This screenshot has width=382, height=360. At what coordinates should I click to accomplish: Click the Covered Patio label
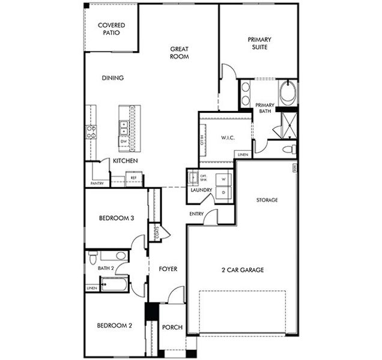(111, 28)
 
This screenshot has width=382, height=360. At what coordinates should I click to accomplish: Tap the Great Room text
(179, 53)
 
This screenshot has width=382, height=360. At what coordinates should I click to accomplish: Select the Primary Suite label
(259, 43)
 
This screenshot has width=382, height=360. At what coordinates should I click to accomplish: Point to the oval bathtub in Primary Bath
(287, 95)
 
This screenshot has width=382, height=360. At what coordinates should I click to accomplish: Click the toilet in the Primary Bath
(288, 148)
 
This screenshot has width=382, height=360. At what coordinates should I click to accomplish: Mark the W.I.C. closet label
(227, 138)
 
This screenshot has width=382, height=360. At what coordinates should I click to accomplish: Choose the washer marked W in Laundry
(223, 179)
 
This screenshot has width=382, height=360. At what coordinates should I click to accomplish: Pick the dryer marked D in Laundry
(223, 192)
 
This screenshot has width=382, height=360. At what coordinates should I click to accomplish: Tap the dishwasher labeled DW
(123, 142)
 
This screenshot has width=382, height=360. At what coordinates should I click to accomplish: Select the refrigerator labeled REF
(134, 178)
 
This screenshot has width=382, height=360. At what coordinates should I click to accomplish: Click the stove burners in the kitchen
(92, 131)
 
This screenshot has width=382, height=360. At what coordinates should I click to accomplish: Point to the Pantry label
(97, 183)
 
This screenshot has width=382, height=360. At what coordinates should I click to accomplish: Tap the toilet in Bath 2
(92, 258)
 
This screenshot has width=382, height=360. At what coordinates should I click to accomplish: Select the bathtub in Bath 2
(114, 284)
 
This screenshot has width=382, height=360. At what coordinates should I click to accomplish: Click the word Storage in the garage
(267, 200)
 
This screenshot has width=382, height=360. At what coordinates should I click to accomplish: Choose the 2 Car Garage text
(243, 270)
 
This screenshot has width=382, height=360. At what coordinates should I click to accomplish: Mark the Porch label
(173, 327)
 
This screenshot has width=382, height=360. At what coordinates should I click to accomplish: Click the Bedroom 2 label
(114, 326)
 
